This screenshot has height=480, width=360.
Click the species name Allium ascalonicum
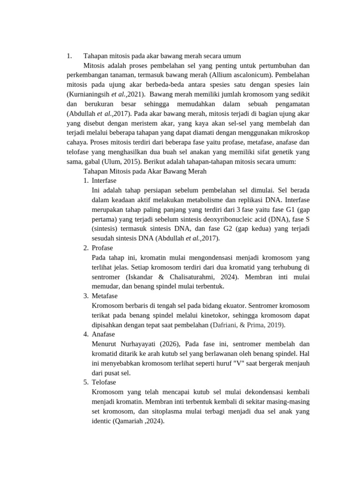click(243, 75)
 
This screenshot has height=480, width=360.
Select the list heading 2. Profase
click(98, 247)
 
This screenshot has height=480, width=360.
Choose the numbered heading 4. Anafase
click(99, 334)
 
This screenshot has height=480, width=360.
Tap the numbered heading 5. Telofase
click(100, 382)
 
